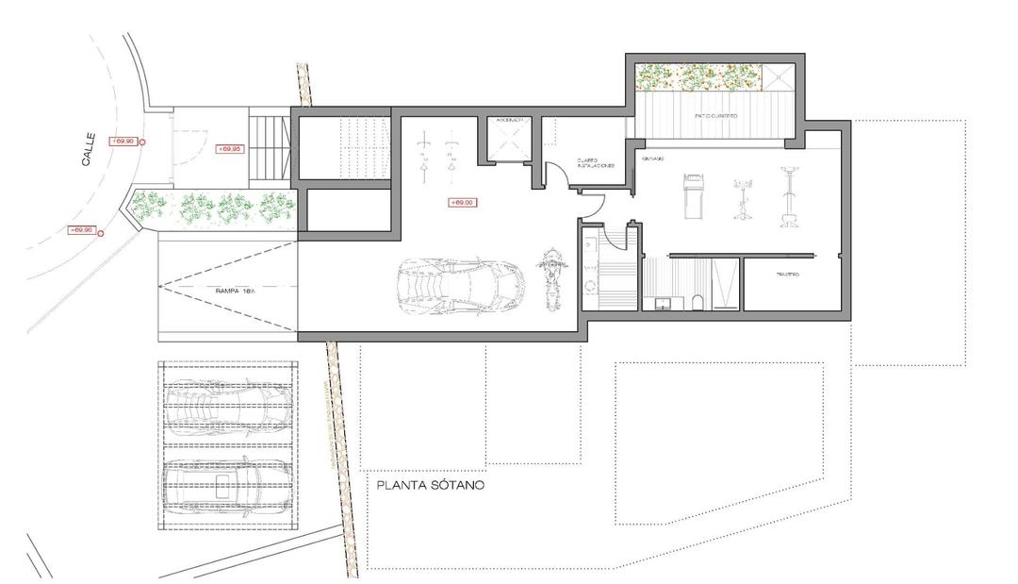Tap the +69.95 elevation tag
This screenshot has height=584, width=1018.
tap(230, 149)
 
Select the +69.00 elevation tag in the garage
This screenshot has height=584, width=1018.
tap(462, 202)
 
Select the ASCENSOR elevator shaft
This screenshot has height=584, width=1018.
tap(510, 141)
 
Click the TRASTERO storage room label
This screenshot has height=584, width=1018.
tap(788, 275)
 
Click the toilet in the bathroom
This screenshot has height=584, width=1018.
tap(695, 301)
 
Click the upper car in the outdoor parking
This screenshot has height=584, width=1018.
tap(227, 405)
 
